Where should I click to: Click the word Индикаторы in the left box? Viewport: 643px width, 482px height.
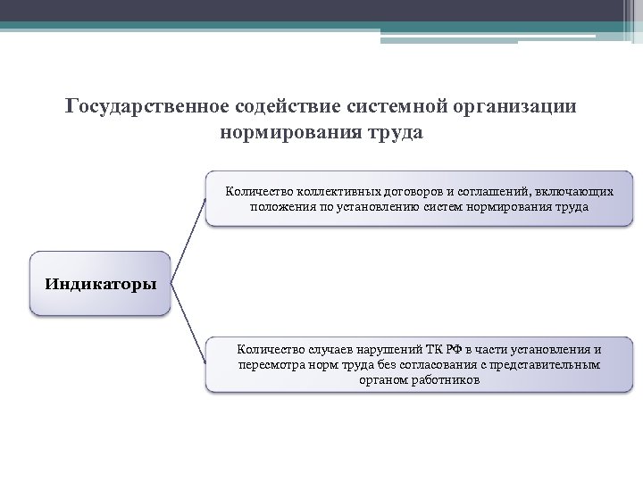[x=100, y=285]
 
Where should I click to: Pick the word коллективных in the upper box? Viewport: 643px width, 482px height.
[x=331, y=191]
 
